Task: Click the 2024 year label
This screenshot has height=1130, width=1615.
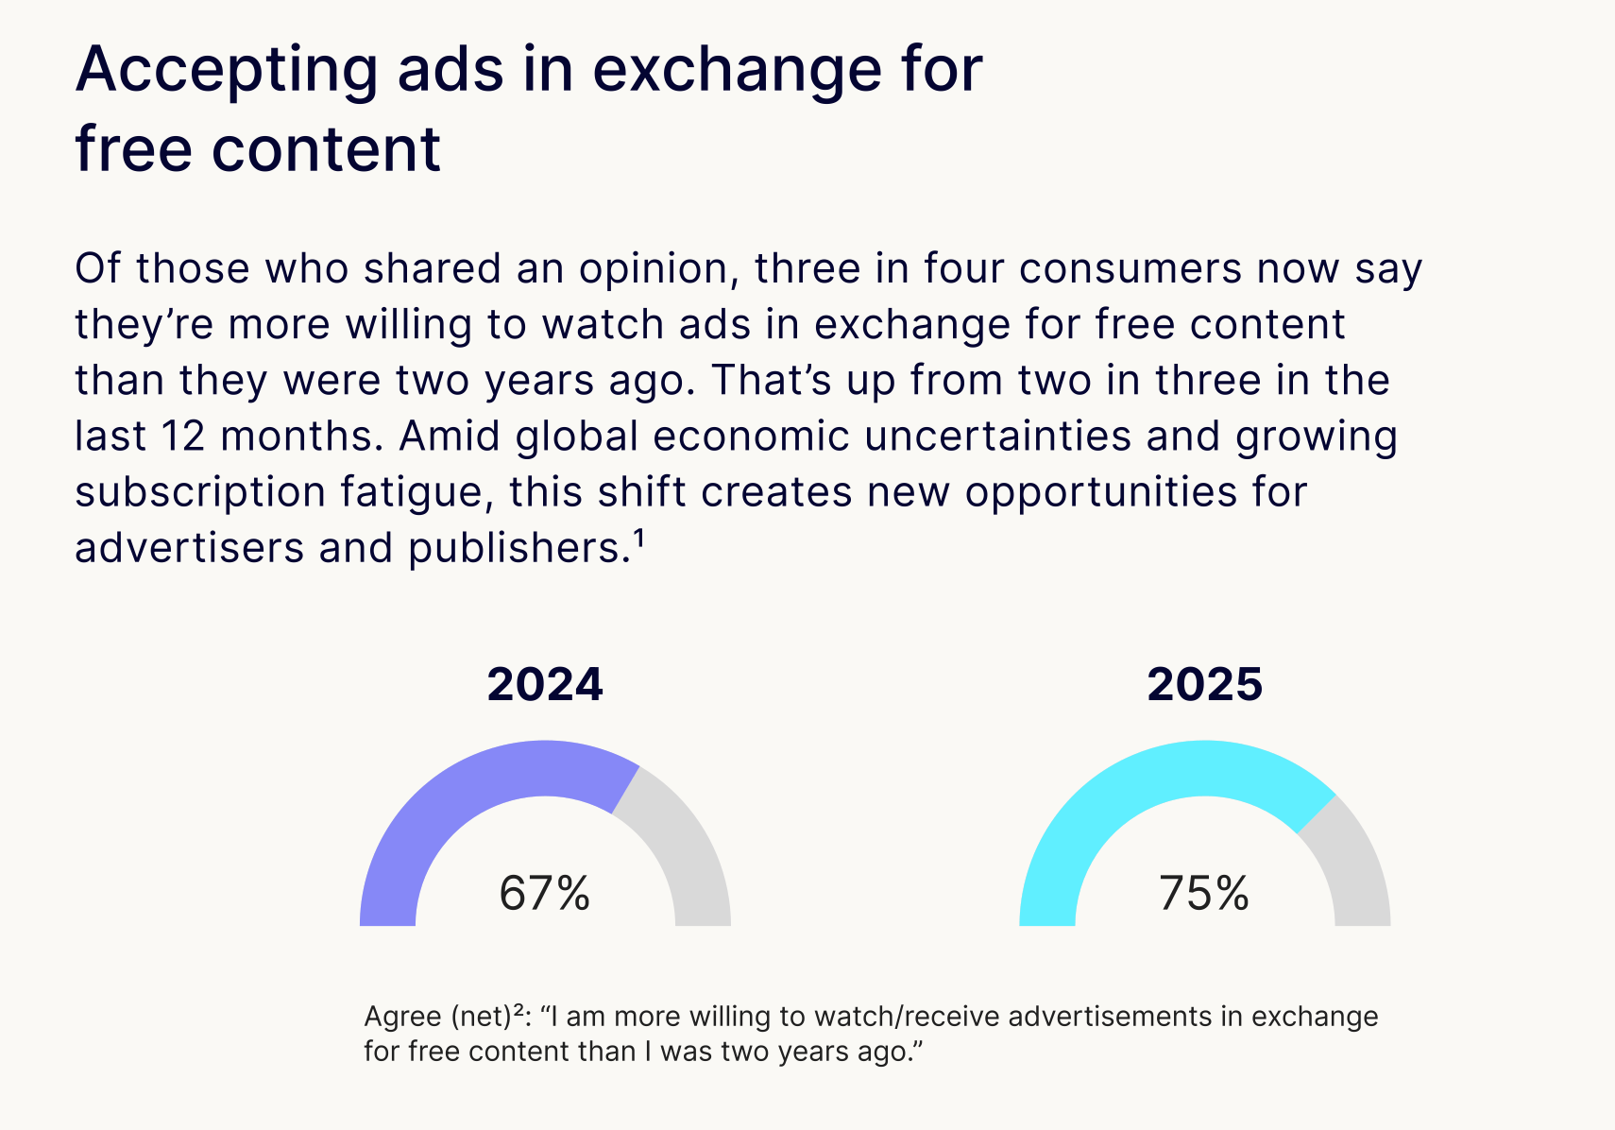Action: (x=545, y=685)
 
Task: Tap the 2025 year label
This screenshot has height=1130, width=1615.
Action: (x=1204, y=685)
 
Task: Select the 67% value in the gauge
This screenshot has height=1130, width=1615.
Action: (x=545, y=893)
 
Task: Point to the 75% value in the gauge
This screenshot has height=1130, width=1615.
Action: (x=1204, y=893)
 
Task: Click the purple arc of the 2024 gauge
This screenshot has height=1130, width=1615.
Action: (x=444, y=803)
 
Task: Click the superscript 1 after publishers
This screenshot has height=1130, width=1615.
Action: (x=638, y=539)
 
